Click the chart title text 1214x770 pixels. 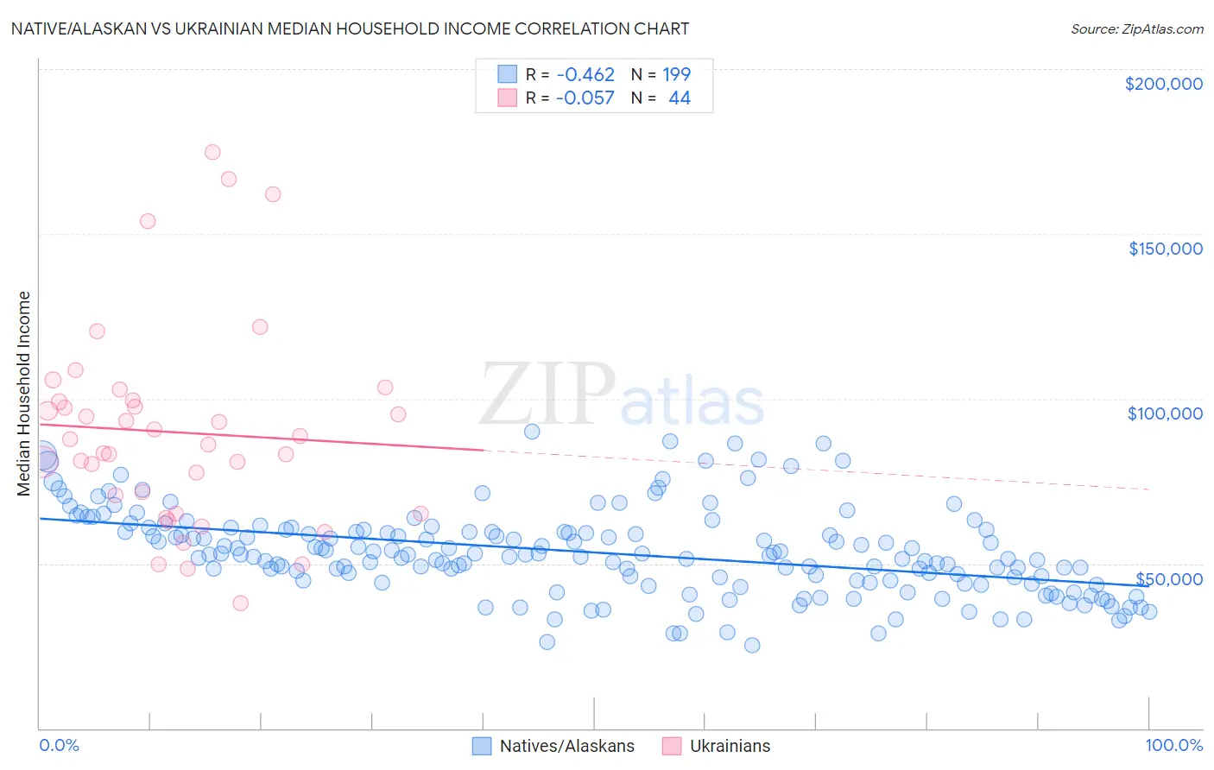point(350,28)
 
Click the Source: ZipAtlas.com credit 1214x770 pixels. point(1136,28)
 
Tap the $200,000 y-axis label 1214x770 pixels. point(1163,84)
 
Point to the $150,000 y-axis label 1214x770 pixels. point(1165,249)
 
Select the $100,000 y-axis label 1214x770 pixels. point(1165,413)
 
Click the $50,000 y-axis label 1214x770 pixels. point(1169,579)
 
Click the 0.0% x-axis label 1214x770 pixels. point(59,745)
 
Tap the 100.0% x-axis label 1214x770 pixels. point(1173,745)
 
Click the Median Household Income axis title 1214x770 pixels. point(23,394)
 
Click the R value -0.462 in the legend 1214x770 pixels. point(585,74)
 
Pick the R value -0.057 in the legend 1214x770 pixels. point(585,98)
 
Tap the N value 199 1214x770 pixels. point(677,74)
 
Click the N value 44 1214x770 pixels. point(680,98)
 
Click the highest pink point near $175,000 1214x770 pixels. point(212,152)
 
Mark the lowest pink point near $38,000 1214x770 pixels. point(241,603)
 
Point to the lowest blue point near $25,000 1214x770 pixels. point(752,645)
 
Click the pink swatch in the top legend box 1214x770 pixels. point(507,98)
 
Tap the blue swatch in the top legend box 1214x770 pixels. point(507,74)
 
